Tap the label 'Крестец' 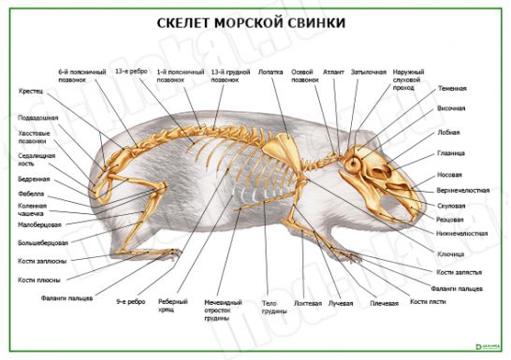point(31,92)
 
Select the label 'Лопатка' point(270,70)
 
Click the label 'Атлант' point(332,70)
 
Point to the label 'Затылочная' point(368,70)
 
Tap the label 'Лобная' point(448,132)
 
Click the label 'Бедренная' point(34,178)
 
